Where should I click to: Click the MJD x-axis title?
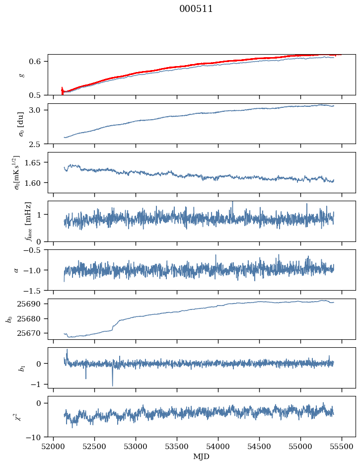click(201, 456)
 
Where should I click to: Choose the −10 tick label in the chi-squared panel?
click(38, 437)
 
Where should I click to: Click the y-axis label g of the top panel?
click(21, 75)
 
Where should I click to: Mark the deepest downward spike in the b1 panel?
click(112, 385)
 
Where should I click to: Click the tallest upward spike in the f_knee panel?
click(232, 203)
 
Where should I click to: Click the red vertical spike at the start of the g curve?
click(62, 91)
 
